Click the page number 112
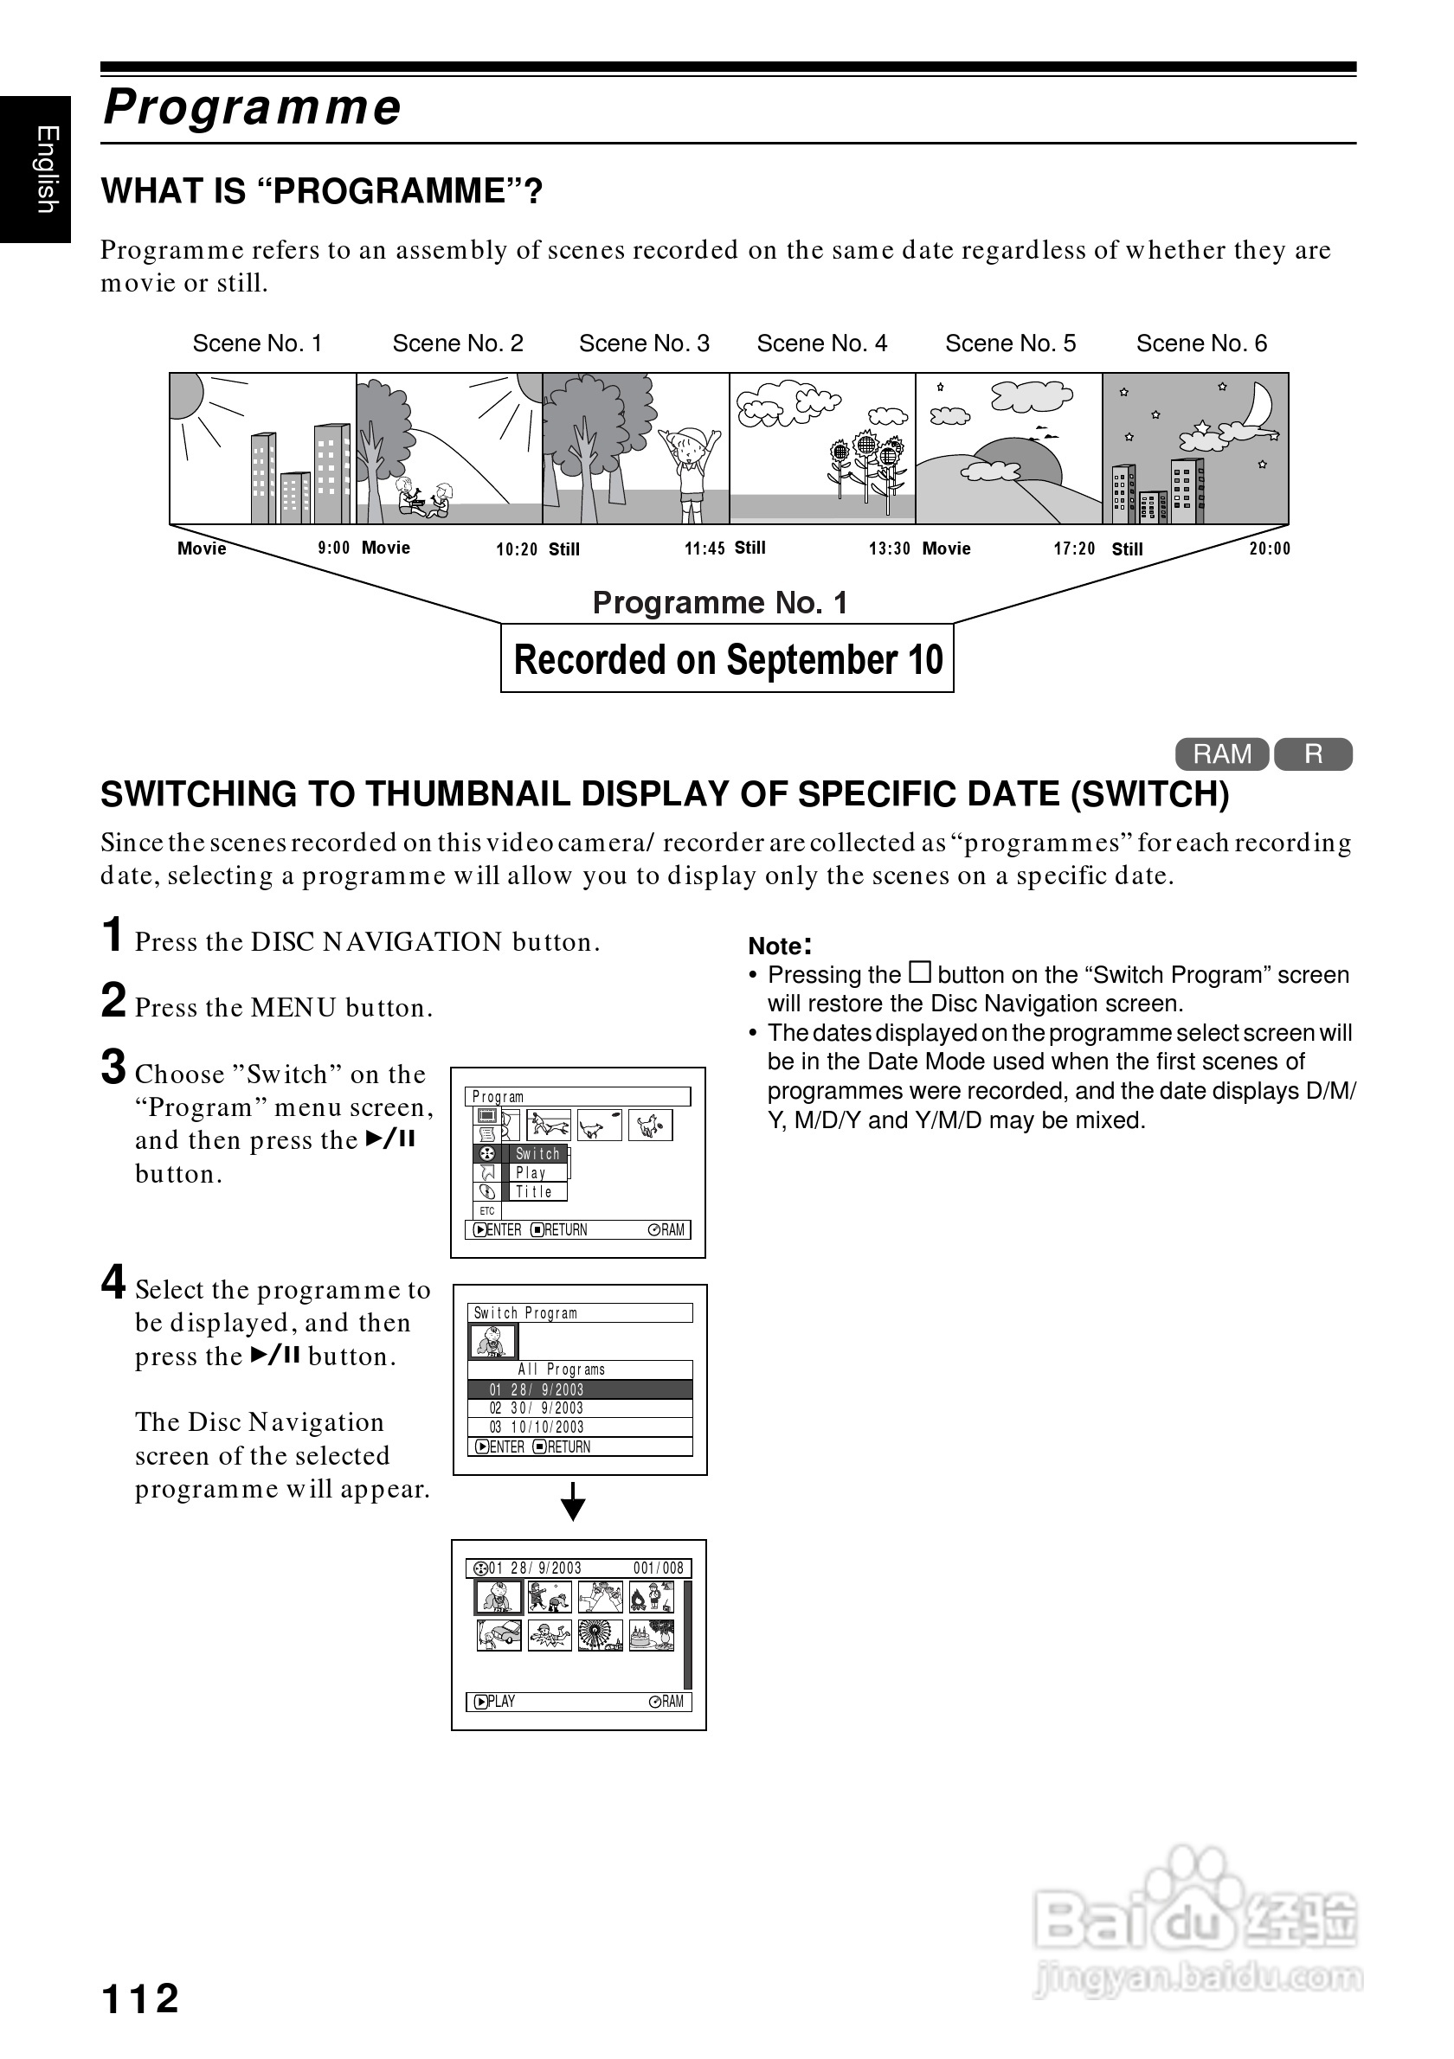141,1998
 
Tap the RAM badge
1221,754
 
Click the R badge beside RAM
1313,754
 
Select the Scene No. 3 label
643,343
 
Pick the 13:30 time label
889,548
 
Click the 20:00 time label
1270,548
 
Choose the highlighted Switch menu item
537,1153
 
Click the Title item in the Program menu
534,1192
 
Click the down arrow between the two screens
573,1501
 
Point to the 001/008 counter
659,1568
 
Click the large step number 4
113,1282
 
